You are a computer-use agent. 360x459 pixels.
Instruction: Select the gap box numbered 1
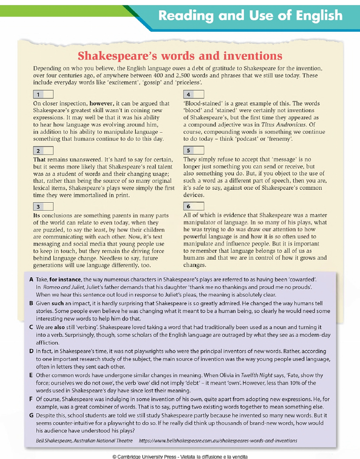click(x=42, y=93)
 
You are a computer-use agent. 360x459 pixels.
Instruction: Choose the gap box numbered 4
click(x=193, y=93)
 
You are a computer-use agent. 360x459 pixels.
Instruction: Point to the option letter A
click(x=31, y=280)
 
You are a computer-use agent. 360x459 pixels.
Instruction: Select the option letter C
click(x=31, y=327)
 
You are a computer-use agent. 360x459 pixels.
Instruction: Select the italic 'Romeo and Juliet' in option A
click(x=63, y=288)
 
